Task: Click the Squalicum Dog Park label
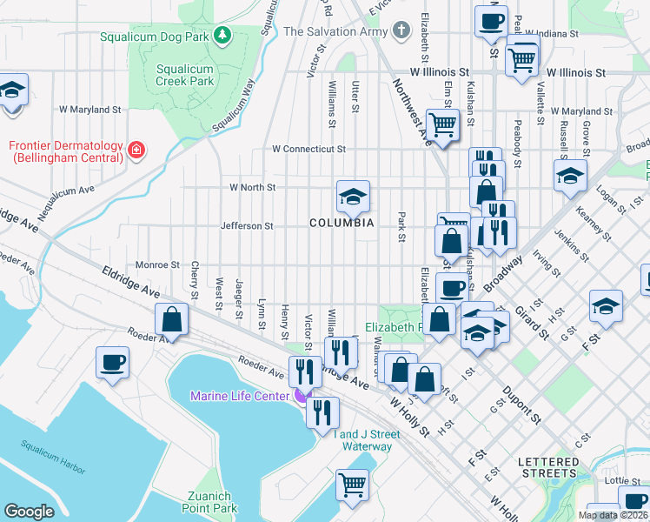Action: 154,37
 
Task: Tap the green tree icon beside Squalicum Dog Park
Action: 223,35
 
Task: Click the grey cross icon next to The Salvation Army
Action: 400,31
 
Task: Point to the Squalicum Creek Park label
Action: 184,75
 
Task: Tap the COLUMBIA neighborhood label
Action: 342,224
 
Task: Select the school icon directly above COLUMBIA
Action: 353,197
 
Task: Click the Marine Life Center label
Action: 241,397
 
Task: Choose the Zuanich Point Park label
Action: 212,502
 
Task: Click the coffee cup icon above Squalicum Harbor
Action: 113,361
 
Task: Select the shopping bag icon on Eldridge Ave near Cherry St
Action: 172,318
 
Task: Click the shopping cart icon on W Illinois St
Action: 521,60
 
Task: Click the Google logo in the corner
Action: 29,512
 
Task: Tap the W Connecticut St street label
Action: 308,150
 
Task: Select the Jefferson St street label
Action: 247,226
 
